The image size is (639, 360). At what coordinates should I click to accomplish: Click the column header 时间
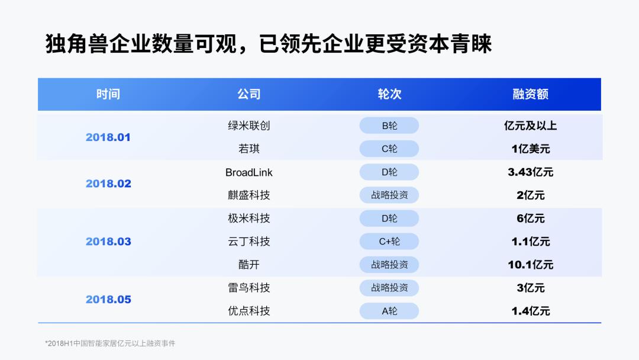[x=108, y=94]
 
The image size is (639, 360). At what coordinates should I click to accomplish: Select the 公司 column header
[x=248, y=94]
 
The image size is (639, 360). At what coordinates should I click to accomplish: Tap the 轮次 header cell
[x=389, y=94]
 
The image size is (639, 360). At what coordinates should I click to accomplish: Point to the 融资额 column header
[x=530, y=94]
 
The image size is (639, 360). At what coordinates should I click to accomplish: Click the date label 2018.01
[x=108, y=137]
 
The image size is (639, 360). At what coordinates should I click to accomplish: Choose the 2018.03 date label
[x=108, y=242]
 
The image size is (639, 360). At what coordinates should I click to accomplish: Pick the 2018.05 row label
[x=108, y=300]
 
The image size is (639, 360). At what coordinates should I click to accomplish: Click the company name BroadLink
[x=248, y=172]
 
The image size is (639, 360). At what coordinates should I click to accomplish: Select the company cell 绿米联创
[x=248, y=126]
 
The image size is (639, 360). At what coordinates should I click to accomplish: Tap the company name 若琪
[x=248, y=149]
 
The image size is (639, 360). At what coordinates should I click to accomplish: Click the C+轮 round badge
[x=389, y=242]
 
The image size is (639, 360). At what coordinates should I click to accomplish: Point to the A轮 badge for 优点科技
[x=389, y=311]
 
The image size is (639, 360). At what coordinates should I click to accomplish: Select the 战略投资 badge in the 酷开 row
[x=389, y=265]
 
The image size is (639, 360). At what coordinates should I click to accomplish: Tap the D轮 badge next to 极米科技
[x=389, y=218]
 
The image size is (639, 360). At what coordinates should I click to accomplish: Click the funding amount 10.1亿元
[x=530, y=265]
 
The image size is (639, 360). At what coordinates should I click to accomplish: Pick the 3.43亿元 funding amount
[x=530, y=172]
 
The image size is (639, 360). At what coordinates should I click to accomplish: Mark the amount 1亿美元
[x=530, y=149]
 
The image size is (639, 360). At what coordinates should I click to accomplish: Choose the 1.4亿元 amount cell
[x=530, y=311]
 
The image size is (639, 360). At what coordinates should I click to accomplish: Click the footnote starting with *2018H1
[x=110, y=343]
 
